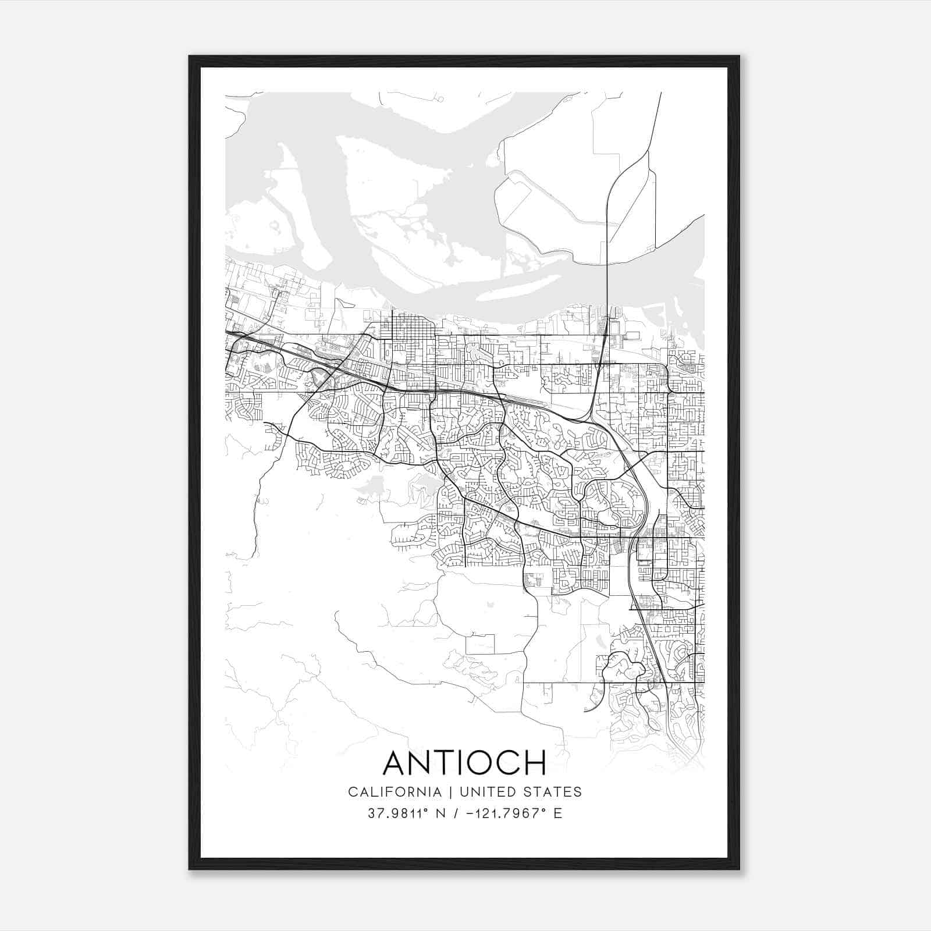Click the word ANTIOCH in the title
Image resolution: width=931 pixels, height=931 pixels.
(x=464, y=762)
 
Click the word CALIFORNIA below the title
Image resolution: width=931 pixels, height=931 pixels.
(x=394, y=792)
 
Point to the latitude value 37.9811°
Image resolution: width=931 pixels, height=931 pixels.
(x=399, y=813)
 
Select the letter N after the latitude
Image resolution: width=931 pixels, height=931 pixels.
(x=440, y=813)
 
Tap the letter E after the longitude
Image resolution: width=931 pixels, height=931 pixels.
(x=558, y=813)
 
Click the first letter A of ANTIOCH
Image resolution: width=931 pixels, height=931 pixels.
(x=395, y=762)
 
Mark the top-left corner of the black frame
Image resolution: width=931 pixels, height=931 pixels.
(x=190, y=56)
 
